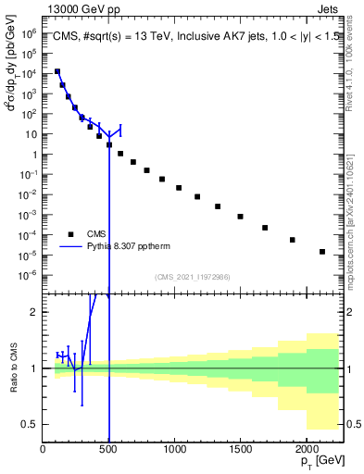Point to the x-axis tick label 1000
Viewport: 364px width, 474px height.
pos(174,449)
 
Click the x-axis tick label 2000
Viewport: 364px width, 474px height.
pos(307,449)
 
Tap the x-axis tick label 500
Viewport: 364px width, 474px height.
pos(108,449)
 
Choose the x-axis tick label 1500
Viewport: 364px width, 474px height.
pos(240,449)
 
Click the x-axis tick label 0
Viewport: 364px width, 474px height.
pos(43,449)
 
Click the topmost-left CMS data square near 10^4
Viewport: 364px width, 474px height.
pos(57,71)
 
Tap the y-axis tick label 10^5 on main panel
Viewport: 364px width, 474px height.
pos(28,31)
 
